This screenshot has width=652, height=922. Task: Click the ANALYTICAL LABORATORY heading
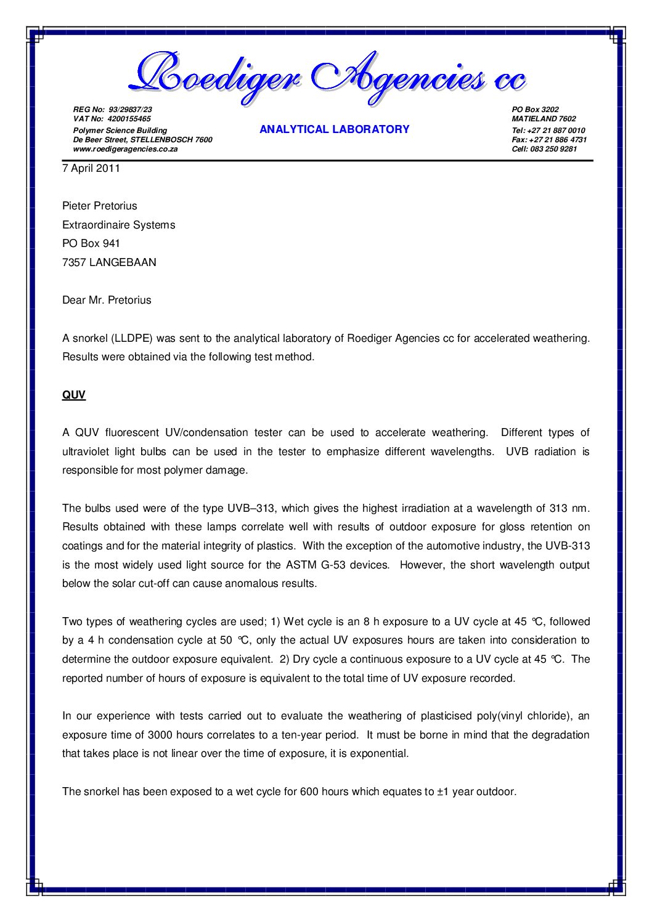334,129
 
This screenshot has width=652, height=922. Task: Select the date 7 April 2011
91,168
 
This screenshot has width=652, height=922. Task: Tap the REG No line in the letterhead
112,110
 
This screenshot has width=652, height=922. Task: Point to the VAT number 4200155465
129,119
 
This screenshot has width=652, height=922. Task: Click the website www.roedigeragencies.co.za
125,149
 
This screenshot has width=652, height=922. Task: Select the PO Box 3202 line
535,110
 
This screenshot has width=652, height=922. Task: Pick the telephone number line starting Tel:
548,131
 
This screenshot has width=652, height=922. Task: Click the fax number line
548,140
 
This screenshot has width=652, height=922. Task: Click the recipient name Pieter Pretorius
100,206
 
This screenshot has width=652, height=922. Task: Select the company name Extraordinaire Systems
118,225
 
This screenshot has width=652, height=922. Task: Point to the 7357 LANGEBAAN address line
109,262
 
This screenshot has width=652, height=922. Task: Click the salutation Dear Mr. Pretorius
107,300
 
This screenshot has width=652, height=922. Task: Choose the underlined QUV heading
74,395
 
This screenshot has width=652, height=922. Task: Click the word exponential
378,753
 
